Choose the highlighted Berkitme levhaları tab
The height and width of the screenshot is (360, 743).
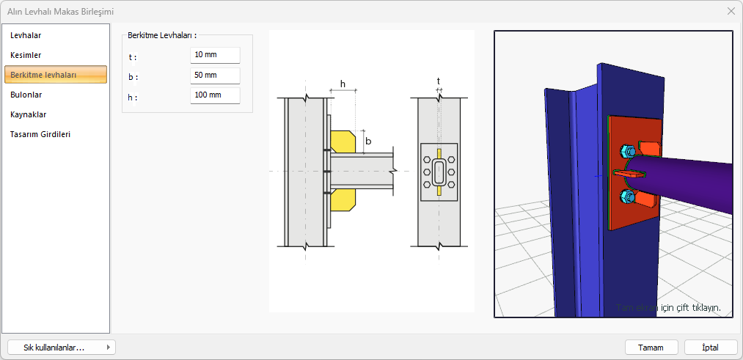(x=56, y=75)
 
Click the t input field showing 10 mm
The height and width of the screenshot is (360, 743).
(x=215, y=55)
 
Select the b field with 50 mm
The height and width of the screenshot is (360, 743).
(x=215, y=76)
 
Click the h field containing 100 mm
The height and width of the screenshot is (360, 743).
(x=215, y=95)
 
